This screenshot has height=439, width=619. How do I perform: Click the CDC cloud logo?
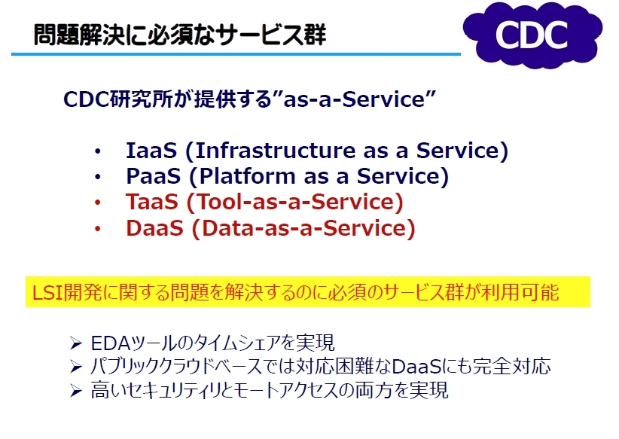point(532,35)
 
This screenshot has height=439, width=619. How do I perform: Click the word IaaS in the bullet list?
point(151,151)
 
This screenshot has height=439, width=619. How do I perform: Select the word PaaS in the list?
point(153,176)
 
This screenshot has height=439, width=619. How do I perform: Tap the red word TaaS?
point(152,202)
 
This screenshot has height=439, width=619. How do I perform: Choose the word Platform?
point(247,176)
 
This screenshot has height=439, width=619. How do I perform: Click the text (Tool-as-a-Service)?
point(295,202)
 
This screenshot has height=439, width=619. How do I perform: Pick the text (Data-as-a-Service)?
point(303,228)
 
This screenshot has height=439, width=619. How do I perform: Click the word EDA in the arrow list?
point(111,343)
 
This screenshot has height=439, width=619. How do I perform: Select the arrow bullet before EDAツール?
point(75,343)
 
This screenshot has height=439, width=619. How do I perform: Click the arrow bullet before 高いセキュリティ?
point(75,391)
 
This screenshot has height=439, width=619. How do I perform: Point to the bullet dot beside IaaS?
point(97,151)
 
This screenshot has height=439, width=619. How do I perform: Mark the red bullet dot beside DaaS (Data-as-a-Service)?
point(97,229)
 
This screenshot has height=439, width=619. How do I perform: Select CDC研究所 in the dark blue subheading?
point(118,99)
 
